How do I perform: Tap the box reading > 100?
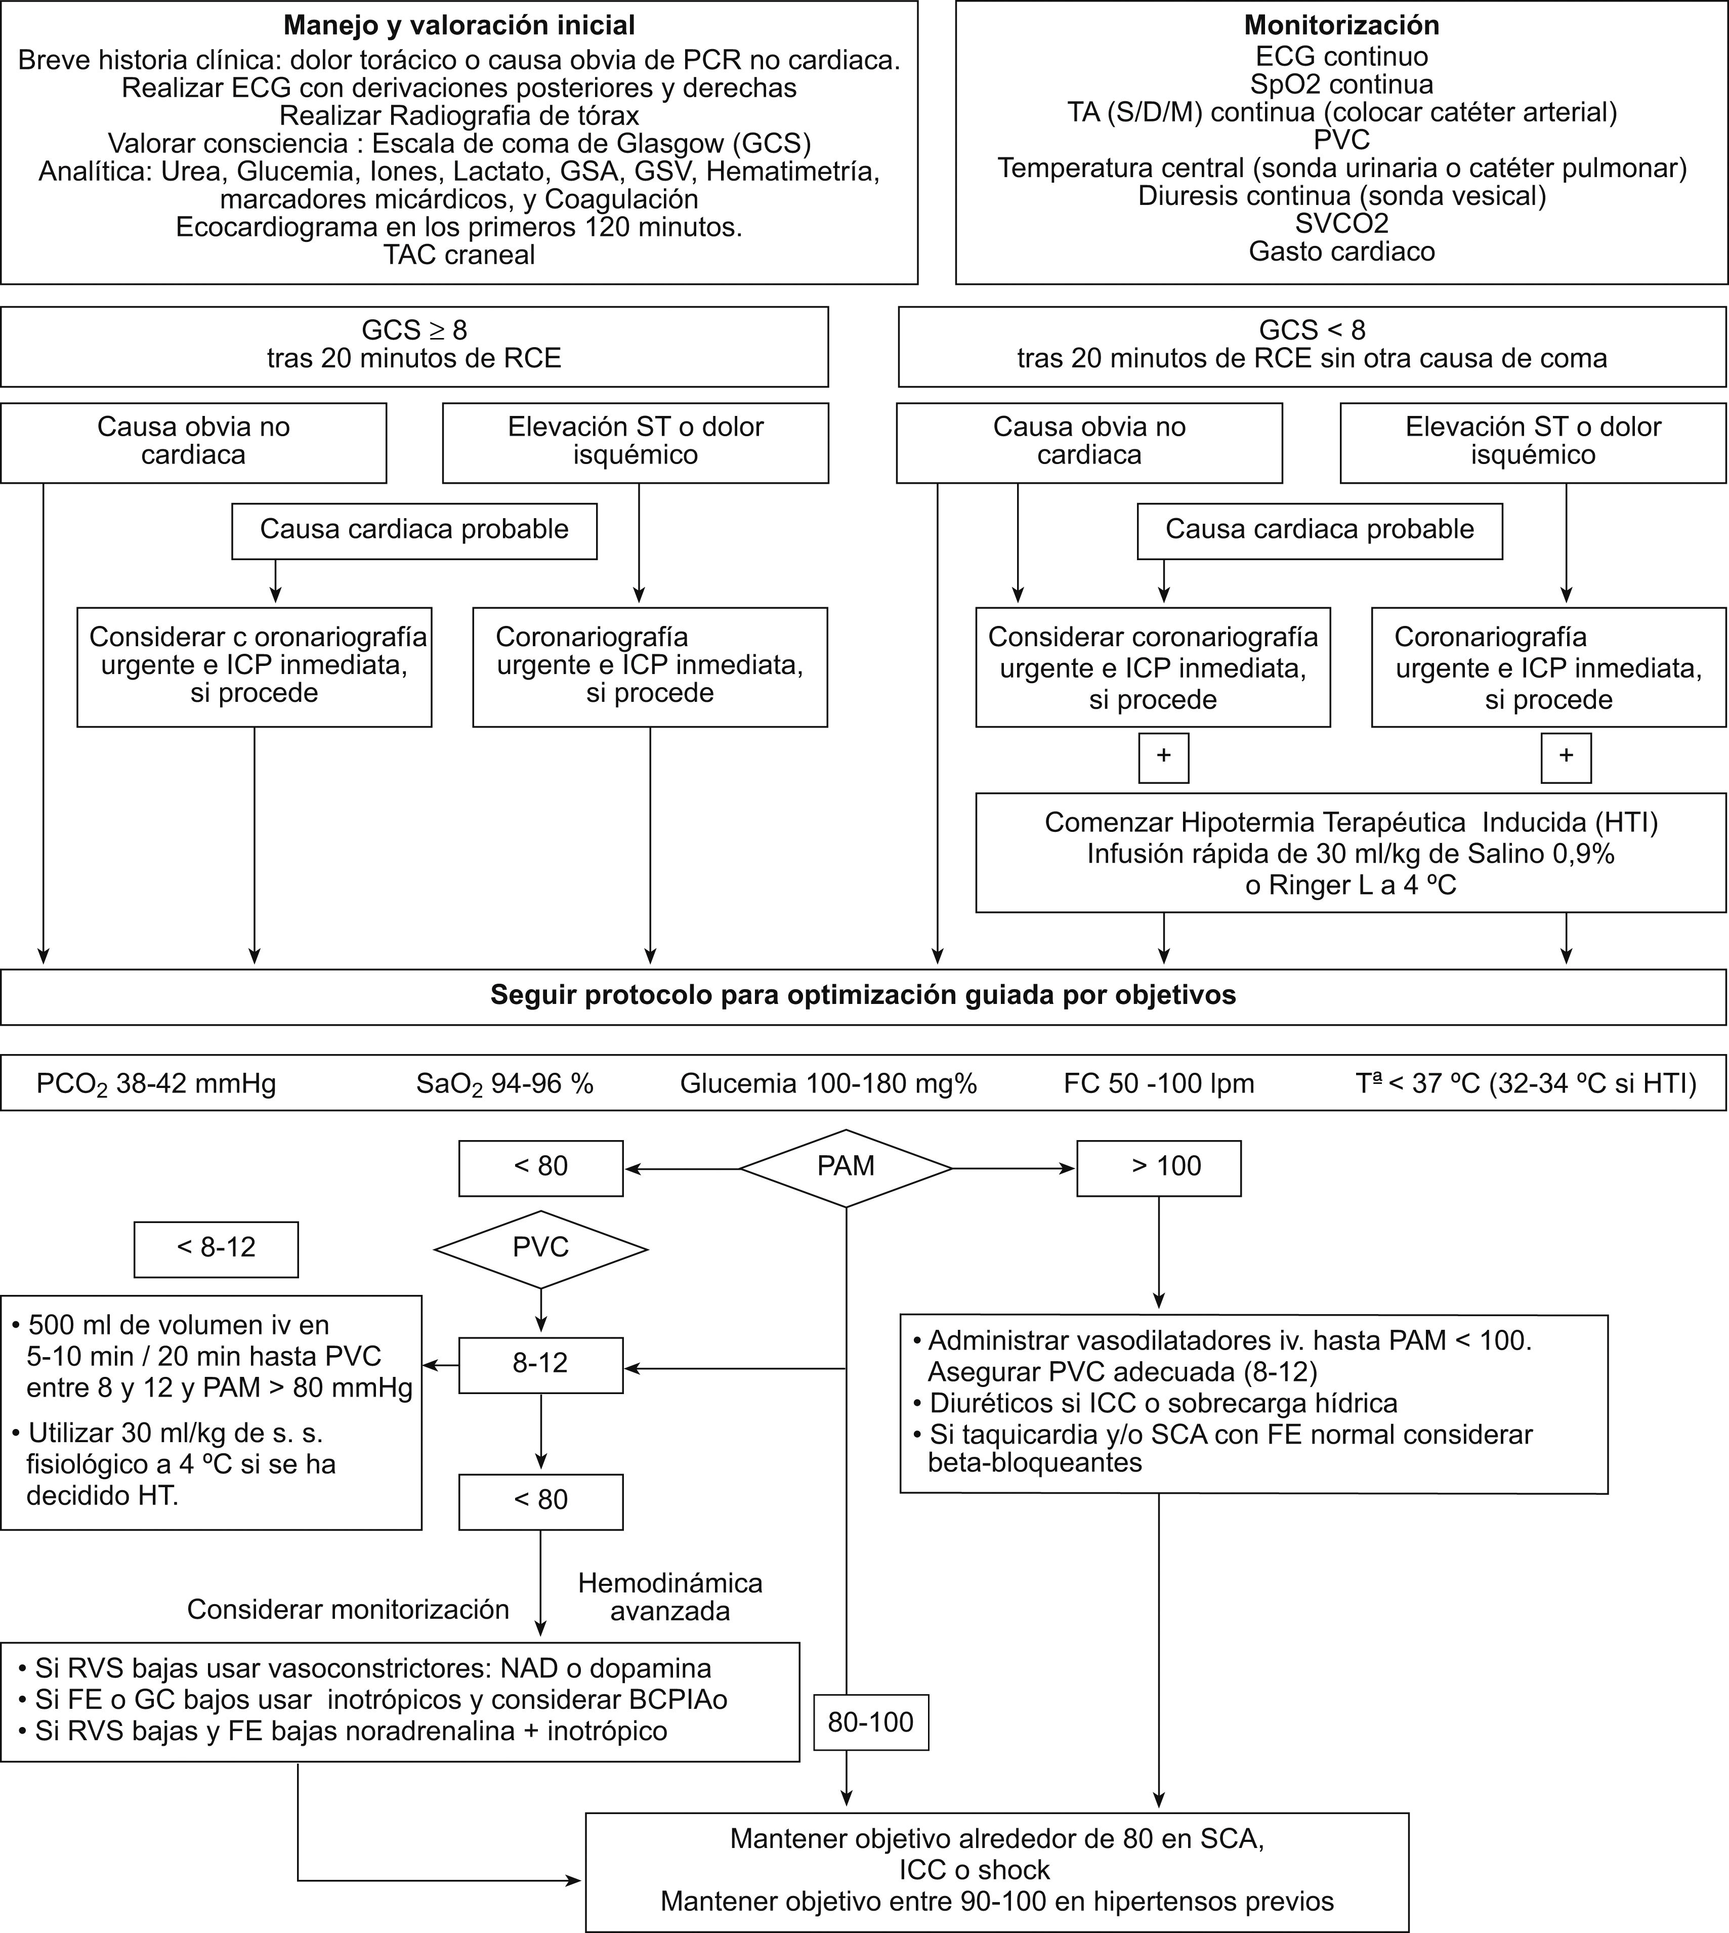pos(1158,1167)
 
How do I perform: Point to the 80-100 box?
pos(870,1722)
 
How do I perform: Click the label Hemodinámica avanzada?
pos(670,1596)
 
